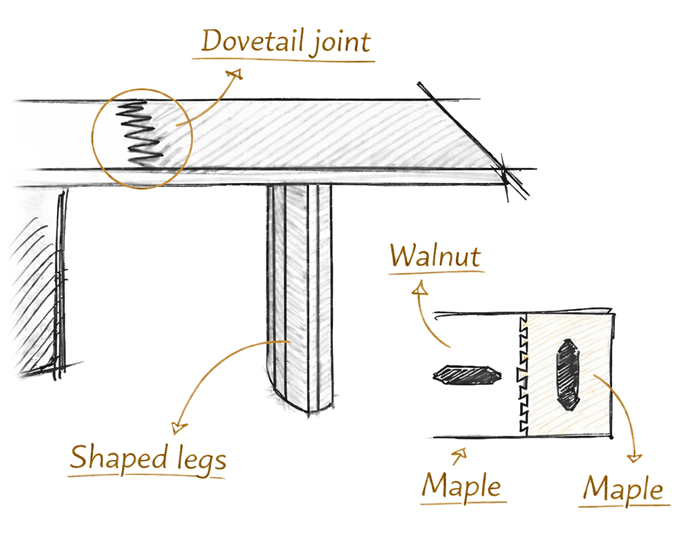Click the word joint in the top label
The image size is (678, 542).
pyautogui.click(x=342, y=43)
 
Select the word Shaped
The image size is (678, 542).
pyautogui.click(x=119, y=458)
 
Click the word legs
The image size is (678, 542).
pyautogui.click(x=202, y=460)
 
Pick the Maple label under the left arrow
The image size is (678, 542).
pyautogui.click(x=461, y=486)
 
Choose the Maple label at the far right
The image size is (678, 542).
pyautogui.click(x=622, y=489)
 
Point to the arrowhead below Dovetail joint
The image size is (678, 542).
pyautogui.click(x=235, y=75)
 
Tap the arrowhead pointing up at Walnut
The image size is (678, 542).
pyautogui.click(x=420, y=288)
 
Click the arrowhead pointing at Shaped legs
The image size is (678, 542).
pyautogui.click(x=178, y=428)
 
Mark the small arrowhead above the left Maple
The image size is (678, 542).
pyautogui.click(x=461, y=453)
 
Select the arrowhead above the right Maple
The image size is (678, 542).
pyautogui.click(x=635, y=458)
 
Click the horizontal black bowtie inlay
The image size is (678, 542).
pyautogui.click(x=467, y=375)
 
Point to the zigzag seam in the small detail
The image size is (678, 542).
pyautogui.click(x=523, y=374)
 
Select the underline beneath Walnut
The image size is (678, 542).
pyautogui.click(x=437, y=273)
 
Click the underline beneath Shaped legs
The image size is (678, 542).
pyautogui.click(x=146, y=476)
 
